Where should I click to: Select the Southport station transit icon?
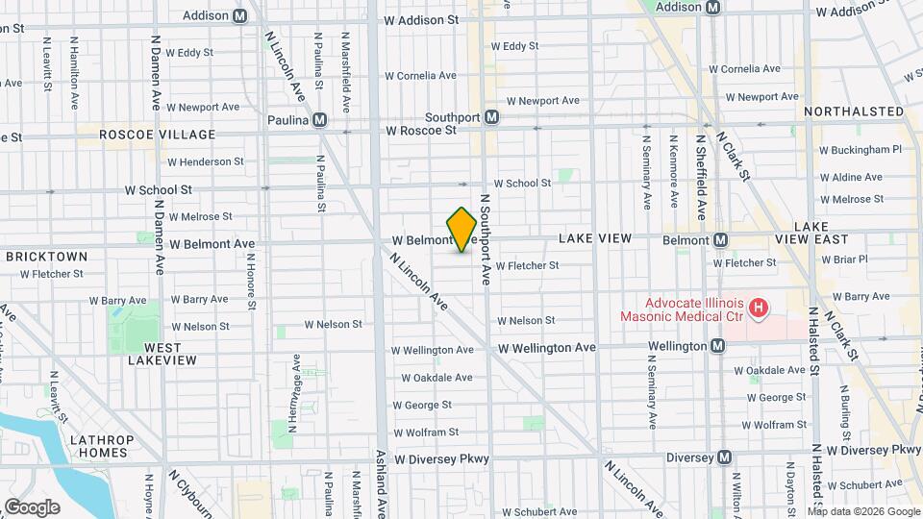click(x=491, y=117)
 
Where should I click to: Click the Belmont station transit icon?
click(x=719, y=239)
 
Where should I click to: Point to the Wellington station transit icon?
click(x=717, y=346)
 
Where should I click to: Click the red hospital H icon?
click(x=760, y=309)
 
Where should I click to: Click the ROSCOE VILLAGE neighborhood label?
click(x=157, y=134)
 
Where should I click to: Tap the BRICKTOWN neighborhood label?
click(x=46, y=257)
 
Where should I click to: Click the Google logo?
click(x=32, y=507)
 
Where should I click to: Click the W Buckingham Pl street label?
click(x=860, y=150)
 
